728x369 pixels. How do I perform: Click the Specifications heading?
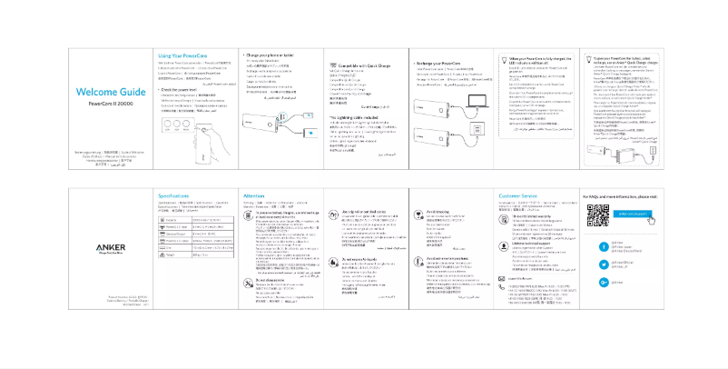click(173, 195)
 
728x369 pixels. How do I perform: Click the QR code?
click(596, 215)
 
